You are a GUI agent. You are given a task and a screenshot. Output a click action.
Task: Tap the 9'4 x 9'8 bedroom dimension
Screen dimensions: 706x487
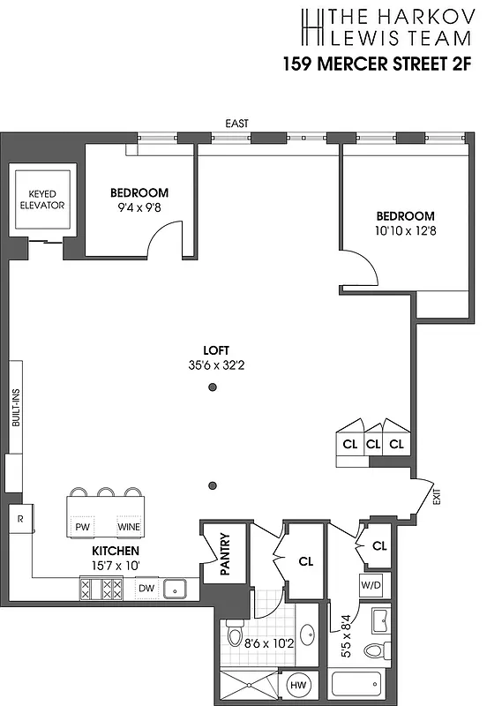click(x=139, y=208)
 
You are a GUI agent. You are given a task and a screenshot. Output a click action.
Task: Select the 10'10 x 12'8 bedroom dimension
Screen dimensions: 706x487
click(x=405, y=231)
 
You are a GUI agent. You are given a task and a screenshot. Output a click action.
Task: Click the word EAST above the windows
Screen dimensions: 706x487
click(x=237, y=124)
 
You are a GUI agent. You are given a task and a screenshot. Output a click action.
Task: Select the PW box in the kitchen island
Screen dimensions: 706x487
click(x=84, y=527)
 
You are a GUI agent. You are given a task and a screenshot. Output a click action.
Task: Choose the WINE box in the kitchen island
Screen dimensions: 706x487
click(x=129, y=527)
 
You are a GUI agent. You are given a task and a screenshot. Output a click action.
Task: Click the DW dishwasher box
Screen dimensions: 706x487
click(x=146, y=588)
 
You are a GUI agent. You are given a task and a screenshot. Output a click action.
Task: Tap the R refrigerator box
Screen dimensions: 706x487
click(x=18, y=520)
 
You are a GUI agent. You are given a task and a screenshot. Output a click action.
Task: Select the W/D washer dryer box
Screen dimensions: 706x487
click(x=371, y=585)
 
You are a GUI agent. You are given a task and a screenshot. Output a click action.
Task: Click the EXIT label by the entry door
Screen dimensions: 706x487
click(x=436, y=496)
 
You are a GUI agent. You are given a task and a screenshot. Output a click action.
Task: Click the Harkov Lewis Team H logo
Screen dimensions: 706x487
click(x=311, y=28)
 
